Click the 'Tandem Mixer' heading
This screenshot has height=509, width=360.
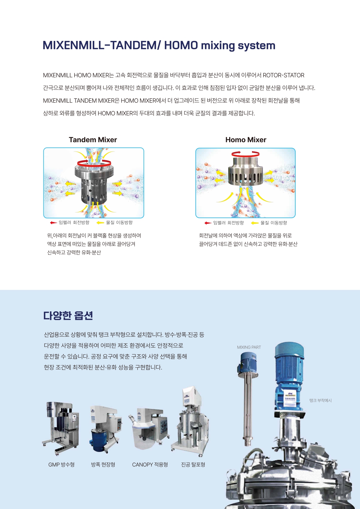point(93,140)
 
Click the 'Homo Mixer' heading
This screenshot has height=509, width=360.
point(246,140)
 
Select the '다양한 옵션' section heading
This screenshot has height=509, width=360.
point(68,315)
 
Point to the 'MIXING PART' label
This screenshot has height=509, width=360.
point(249,347)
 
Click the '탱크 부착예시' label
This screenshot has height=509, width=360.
point(320,400)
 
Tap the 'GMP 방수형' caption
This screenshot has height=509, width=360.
point(61,465)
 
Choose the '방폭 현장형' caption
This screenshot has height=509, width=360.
point(103,465)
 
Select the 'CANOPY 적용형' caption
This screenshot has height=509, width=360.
point(150,465)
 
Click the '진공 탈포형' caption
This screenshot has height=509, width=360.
point(193,465)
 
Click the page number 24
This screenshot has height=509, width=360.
point(336,487)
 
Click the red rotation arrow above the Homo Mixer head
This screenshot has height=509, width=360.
point(245,154)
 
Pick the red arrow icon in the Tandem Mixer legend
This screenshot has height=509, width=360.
point(53,223)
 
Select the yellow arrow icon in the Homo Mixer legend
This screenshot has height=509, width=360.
point(255,223)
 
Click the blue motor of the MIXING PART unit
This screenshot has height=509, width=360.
point(247,362)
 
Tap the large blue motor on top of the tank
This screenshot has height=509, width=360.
point(289,374)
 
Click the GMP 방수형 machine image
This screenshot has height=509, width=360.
point(61,428)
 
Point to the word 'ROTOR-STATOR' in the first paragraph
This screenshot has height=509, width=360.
point(283,75)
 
